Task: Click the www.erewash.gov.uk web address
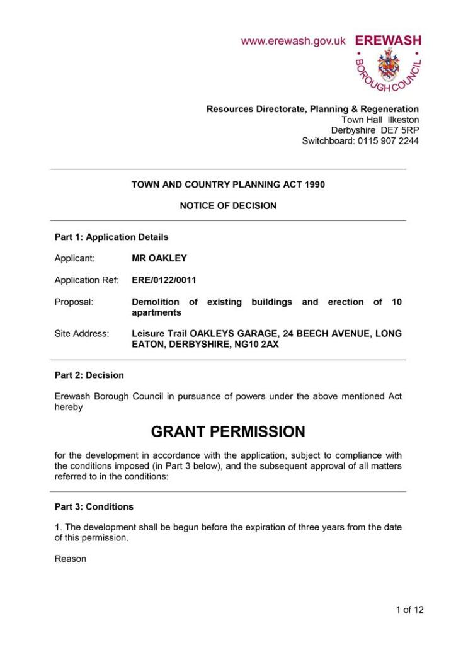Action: point(294,41)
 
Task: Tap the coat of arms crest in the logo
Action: point(387,66)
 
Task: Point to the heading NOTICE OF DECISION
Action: point(228,205)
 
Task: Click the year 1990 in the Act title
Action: point(314,185)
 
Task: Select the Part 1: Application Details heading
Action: point(111,237)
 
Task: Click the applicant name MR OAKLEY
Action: point(159,258)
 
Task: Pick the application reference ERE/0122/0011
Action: point(169,280)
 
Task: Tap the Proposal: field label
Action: point(74,302)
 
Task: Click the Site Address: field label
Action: point(82,334)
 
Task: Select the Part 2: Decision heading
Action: point(89,375)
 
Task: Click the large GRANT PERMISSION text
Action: point(228,431)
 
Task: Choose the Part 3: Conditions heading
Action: point(94,506)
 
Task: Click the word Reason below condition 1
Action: point(71,559)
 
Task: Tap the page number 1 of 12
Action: point(409,609)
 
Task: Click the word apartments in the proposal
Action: point(156,312)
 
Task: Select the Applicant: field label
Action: point(75,258)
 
